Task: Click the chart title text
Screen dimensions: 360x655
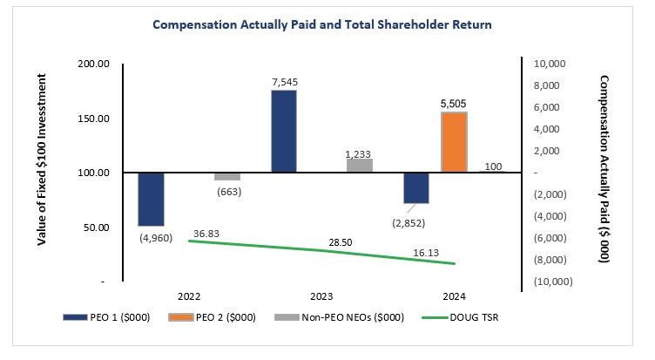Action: point(322,24)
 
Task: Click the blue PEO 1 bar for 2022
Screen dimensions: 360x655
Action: point(151,199)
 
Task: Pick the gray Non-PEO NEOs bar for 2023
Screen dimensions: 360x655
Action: point(360,165)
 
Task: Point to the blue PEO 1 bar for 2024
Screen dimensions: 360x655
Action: point(416,187)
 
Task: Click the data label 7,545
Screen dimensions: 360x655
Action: point(284,81)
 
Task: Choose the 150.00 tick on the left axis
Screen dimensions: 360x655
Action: point(95,119)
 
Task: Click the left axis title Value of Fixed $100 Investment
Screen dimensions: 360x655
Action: point(42,173)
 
